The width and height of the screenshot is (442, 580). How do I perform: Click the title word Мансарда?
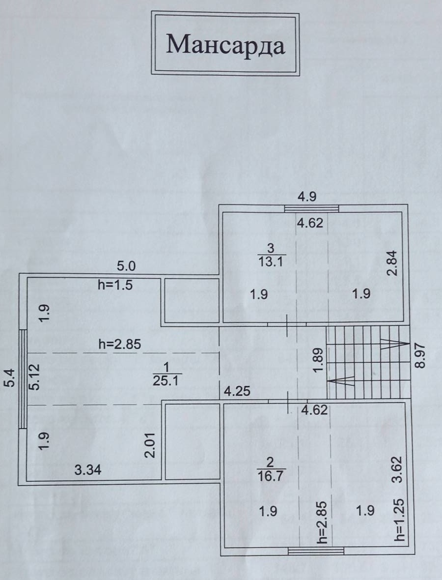(225, 45)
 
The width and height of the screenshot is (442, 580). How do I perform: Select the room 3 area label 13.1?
(271, 261)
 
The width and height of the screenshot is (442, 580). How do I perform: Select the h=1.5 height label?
(114, 285)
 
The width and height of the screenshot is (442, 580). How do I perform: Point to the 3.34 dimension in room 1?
(88, 470)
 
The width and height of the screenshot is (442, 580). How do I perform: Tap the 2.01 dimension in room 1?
(150, 445)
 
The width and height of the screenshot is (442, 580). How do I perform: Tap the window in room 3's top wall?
(311, 208)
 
